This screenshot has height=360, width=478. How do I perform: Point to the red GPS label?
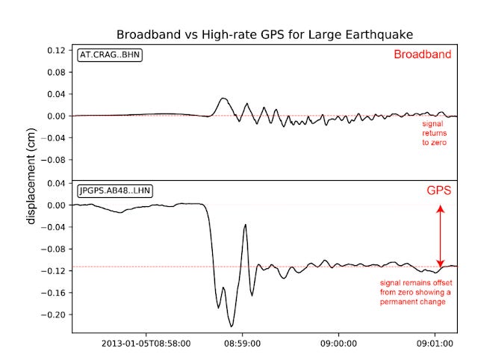[438, 190]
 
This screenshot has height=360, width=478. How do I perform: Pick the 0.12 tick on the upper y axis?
[55, 51]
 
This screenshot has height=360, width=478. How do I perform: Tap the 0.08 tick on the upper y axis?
[55, 72]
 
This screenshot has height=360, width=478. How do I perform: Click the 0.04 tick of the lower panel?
[55, 183]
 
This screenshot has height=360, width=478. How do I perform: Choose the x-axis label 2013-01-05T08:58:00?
[146, 344]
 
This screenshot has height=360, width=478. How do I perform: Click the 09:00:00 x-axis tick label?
[339, 344]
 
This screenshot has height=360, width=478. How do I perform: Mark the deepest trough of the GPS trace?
[232, 326]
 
